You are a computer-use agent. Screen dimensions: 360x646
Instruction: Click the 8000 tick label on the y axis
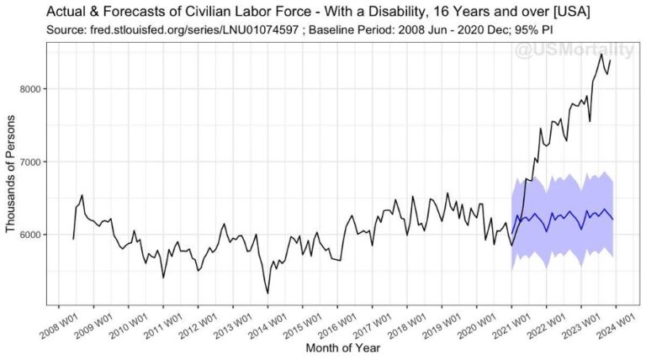pos(34,89)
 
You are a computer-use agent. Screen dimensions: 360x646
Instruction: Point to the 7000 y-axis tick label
pos(34,161)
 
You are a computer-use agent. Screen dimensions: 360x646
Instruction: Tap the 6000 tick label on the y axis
pos(34,235)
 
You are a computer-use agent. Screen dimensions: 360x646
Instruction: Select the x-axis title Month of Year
pos(342,347)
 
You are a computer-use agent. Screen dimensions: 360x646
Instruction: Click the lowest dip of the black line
pos(268,293)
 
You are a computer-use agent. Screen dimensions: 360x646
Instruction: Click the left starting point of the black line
pos(73,239)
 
